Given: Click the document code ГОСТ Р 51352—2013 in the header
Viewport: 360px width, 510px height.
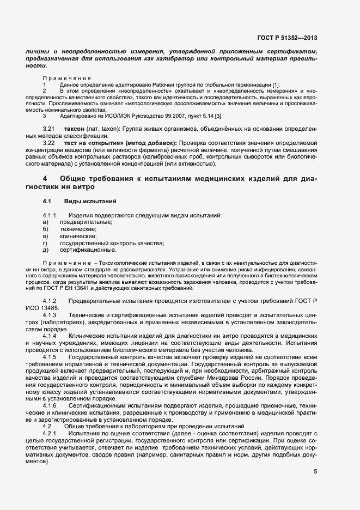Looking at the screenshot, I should (x=287, y=38).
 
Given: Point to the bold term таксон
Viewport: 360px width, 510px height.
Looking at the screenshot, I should (x=83, y=128).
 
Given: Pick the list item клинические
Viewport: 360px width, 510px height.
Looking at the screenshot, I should (x=79, y=236).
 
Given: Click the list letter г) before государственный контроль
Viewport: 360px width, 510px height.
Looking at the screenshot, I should (x=46, y=244).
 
